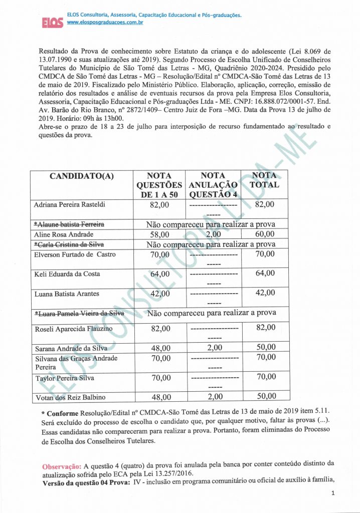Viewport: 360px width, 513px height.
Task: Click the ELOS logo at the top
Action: [x=52, y=23]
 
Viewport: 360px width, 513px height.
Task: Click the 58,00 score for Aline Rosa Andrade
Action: [x=160, y=234]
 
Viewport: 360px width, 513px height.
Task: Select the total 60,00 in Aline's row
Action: [x=265, y=234]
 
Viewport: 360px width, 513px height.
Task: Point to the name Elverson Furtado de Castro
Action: [x=75, y=254]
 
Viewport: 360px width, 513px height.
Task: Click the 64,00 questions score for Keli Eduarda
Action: [x=160, y=274]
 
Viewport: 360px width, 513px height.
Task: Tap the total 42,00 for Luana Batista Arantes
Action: [x=265, y=293]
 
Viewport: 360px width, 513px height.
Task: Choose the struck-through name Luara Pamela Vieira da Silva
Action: [x=79, y=313]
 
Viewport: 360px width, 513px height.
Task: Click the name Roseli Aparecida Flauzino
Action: [x=73, y=329]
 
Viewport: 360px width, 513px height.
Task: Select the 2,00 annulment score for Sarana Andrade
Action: [x=214, y=348]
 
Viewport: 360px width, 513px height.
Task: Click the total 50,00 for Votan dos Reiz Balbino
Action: [x=265, y=396]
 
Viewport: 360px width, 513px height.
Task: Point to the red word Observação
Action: [x=62, y=466]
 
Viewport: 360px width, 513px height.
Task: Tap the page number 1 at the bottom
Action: [x=333, y=494]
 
